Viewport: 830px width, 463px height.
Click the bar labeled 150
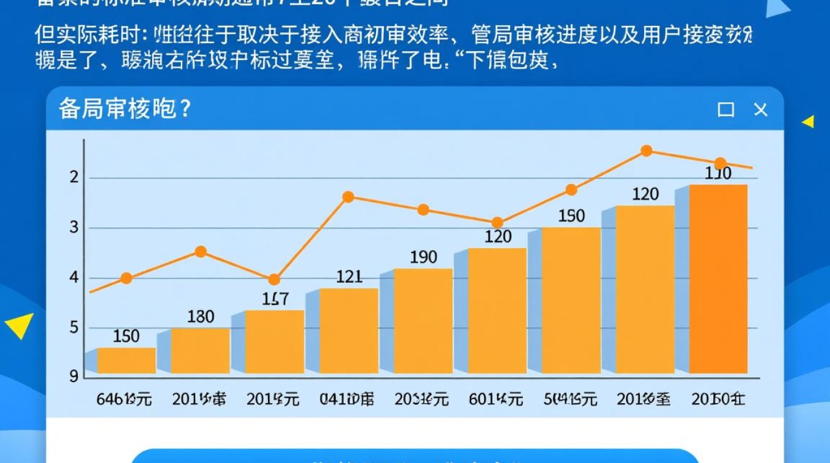[x=127, y=361]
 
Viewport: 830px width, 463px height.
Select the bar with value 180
[x=201, y=350]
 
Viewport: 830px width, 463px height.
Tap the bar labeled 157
[x=275, y=341]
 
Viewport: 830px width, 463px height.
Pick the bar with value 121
[x=349, y=330]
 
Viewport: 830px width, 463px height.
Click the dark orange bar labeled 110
[x=718, y=278]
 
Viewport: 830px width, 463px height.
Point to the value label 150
[x=127, y=336]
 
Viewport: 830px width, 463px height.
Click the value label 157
[x=275, y=299]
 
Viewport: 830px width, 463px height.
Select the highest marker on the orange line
[x=646, y=151]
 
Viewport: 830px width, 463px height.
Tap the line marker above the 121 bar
[x=348, y=197]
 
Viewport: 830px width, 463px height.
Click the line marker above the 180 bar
[x=201, y=251]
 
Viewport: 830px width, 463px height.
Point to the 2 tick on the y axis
[x=74, y=178]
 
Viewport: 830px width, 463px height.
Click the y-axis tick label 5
[x=74, y=327]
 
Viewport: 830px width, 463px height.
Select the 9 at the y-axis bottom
[x=74, y=375]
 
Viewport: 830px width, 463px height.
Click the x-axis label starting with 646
[x=124, y=399]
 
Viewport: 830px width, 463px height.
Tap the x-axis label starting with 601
[x=495, y=399]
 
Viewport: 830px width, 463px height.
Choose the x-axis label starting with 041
[x=348, y=399]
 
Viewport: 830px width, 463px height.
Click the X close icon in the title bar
[x=761, y=110]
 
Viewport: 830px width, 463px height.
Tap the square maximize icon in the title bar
[x=726, y=110]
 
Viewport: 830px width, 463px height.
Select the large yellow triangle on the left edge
[x=20, y=325]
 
